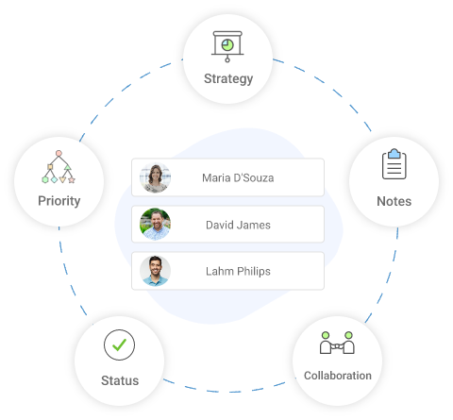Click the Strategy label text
pyautogui.click(x=228, y=78)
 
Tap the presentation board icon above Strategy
pyautogui.click(x=227, y=44)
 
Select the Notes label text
pyautogui.click(x=394, y=201)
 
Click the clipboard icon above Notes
pyautogui.click(x=394, y=165)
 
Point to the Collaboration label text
pyautogui.click(x=337, y=375)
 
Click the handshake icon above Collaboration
pyautogui.click(x=337, y=343)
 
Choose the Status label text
pyautogui.click(x=120, y=380)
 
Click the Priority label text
pyautogui.click(x=59, y=200)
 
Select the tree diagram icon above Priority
pyautogui.click(x=59, y=166)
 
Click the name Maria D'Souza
pyautogui.click(x=238, y=176)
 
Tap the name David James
pyautogui.click(x=238, y=225)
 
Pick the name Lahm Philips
pyautogui.click(x=238, y=271)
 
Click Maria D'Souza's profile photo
pyautogui.click(x=156, y=176)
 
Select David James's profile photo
pyautogui.click(x=156, y=225)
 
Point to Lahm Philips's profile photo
pyautogui.click(x=156, y=271)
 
